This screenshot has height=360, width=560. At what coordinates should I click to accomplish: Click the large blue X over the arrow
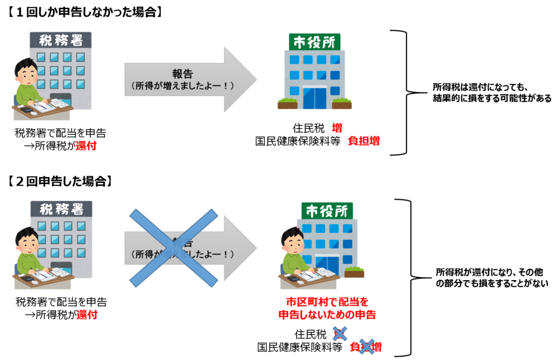173,248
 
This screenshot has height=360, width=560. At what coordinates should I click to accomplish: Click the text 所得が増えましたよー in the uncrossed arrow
183,86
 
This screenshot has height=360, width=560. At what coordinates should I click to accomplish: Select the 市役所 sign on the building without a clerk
314,42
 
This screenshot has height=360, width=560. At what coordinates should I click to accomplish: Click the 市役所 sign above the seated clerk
327,211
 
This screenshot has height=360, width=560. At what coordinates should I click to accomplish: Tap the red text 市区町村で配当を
327,302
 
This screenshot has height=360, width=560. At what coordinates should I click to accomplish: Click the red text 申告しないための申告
327,315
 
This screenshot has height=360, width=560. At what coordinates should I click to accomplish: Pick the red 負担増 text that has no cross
364,141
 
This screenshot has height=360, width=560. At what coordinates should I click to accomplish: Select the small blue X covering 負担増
366,346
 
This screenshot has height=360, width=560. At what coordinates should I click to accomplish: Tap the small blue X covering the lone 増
340,333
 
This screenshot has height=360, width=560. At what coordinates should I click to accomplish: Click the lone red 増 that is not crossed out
337,128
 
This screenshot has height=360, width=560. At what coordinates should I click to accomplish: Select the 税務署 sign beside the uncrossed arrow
61,40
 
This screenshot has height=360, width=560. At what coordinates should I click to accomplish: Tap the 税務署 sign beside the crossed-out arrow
61,209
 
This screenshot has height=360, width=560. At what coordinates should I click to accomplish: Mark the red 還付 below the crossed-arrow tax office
87,315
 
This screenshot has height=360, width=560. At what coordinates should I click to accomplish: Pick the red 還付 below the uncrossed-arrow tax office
86,146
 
